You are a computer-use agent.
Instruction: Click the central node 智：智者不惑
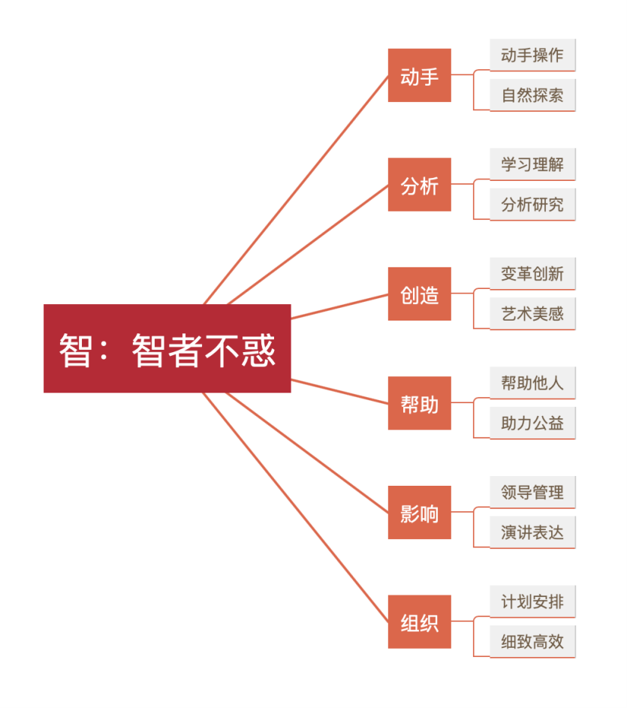167,348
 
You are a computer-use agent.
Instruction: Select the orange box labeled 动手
419,75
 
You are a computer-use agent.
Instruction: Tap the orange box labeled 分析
419,185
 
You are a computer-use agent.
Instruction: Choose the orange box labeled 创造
419,294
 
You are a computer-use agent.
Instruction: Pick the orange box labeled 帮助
419,403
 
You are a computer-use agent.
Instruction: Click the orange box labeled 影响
419,512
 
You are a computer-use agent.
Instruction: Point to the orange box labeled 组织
419,622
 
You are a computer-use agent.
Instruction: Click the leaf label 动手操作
532,56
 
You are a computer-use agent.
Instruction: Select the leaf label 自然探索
532,95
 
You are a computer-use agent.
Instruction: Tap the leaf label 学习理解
532,164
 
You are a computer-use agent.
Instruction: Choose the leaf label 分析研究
532,204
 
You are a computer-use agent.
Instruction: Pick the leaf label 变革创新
532,274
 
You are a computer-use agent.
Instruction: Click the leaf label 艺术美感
532,313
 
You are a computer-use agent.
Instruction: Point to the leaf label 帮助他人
532,383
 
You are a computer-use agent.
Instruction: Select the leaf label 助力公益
532,423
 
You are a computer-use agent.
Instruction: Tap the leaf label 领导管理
532,493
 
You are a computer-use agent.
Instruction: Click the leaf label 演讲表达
532,532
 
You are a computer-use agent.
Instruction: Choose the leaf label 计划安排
532,601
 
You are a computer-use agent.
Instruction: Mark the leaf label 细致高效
532,642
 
